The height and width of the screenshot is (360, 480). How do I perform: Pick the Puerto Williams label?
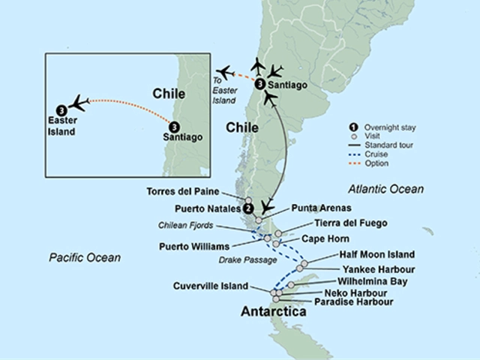coord(195,246)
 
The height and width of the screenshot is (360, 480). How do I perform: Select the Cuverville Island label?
coord(211,286)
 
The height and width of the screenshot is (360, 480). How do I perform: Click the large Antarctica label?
coord(272,311)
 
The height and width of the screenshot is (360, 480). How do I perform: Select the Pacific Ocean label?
coord(85,258)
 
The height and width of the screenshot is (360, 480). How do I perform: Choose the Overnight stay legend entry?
coord(390,127)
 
